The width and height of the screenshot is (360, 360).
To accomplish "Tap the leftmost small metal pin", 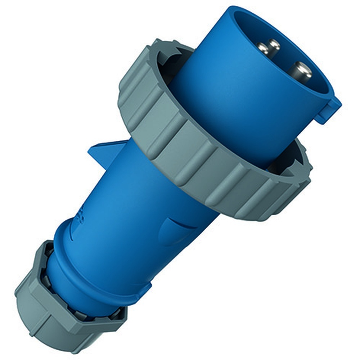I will pyautogui.click(x=262, y=48).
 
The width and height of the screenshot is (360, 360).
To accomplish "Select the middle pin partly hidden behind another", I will pyautogui.click(x=274, y=45).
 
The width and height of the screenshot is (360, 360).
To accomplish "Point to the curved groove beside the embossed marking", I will pyautogui.click(x=74, y=230).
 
